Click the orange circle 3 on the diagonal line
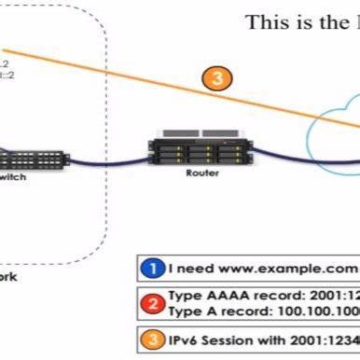[217, 78]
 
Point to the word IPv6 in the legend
[187, 339]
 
